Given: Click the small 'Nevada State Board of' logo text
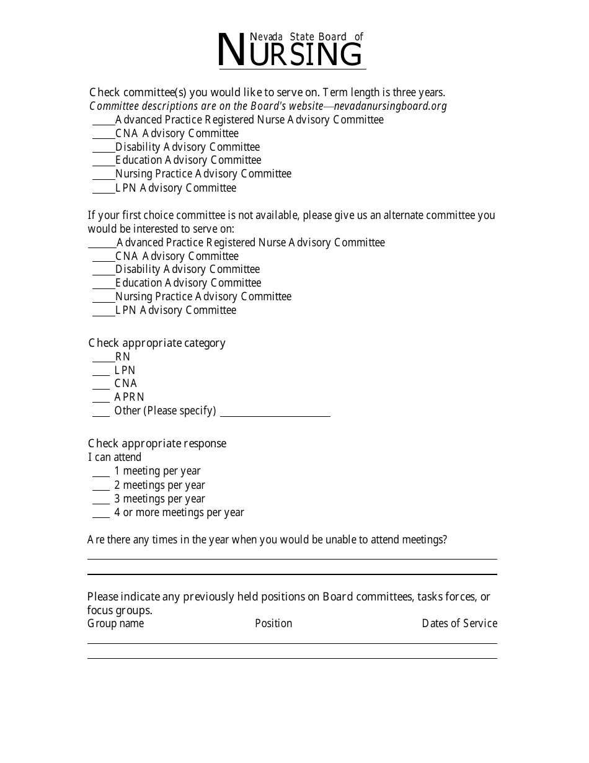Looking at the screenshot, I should point(306,37).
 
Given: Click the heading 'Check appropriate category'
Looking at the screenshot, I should point(157,343).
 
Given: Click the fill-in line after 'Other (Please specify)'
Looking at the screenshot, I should point(275,414).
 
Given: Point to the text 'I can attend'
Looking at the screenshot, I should point(115,457).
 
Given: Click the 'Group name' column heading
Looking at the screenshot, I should point(115,623).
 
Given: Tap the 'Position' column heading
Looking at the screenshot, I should point(273,623).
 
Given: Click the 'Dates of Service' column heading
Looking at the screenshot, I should point(459,623).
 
